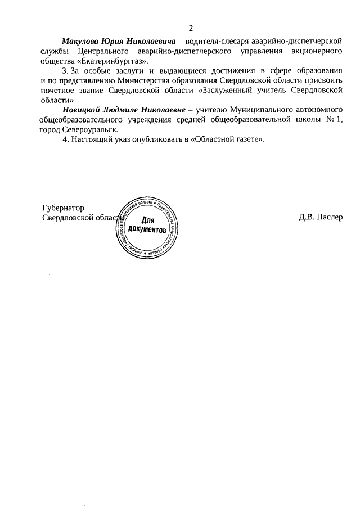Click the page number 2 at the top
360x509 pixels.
coord(191,28)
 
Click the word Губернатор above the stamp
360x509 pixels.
coord(64,208)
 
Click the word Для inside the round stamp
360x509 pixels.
coord(147,220)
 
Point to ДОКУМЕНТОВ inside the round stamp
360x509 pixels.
coord(147,229)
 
